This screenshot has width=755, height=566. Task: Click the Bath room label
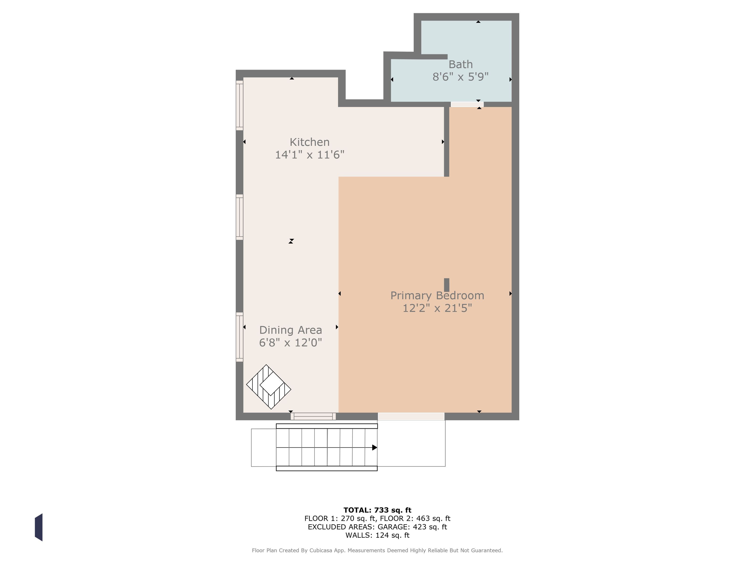461,64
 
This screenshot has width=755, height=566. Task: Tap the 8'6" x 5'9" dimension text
461,77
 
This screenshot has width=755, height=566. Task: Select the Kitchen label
310,142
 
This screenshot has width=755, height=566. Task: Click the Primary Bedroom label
437,295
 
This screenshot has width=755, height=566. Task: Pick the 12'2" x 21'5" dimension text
437,308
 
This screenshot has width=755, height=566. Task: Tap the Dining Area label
290,330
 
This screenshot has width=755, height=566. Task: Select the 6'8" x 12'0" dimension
290,342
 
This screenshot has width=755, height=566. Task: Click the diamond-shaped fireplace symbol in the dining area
269,387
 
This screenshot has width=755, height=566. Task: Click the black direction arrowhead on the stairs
374,447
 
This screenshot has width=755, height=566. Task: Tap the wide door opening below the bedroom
411,416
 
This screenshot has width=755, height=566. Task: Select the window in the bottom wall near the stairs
313,416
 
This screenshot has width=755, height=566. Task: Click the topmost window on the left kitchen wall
240,105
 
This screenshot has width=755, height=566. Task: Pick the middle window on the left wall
240,217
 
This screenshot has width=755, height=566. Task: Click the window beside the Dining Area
240,337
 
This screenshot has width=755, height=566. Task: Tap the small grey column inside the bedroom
446,285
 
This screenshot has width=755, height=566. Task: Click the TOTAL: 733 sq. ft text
377,510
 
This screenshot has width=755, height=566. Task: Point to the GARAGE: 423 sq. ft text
412,527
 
